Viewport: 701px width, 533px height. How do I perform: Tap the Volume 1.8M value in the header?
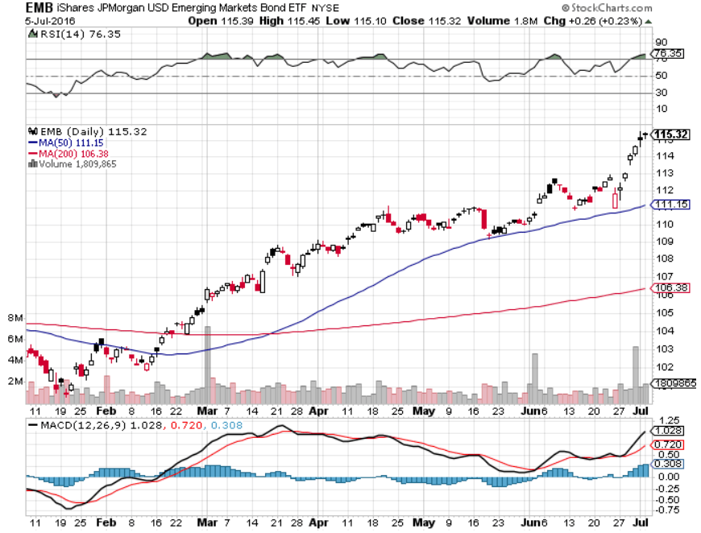[508, 21]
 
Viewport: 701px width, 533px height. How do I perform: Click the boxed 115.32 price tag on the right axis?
[670, 134]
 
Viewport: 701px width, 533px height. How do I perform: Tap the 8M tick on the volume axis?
[15, 318]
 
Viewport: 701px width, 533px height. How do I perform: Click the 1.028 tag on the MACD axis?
[670, 432]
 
